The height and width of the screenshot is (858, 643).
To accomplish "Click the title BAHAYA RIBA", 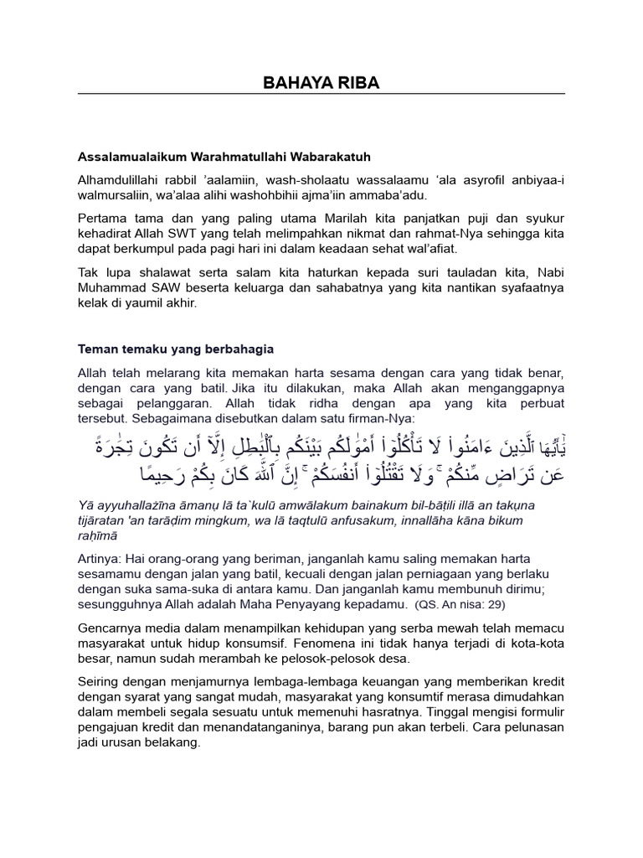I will click(x=321, y=82).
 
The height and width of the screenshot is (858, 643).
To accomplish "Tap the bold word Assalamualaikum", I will click(x=129, y=157).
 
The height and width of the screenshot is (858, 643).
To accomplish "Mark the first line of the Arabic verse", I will click(x=321, y=445).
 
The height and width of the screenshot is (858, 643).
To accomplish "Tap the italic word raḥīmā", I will click(x=98, y=534).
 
